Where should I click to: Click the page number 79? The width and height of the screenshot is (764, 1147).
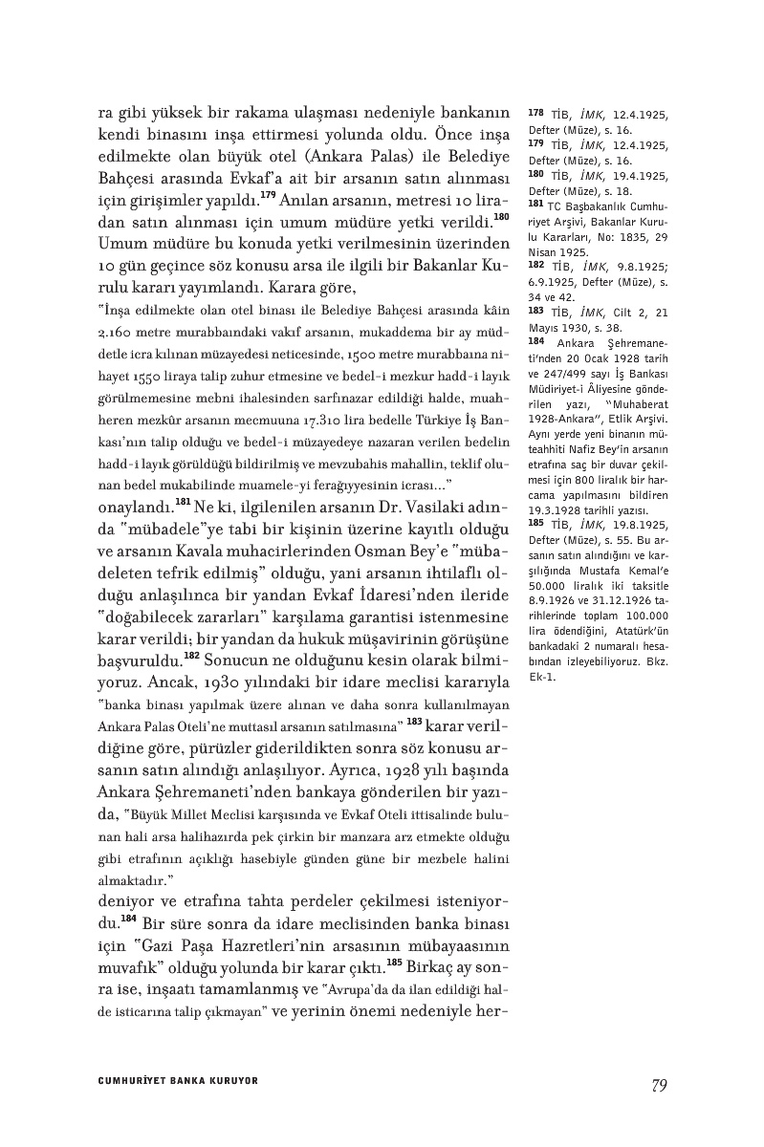(658, 1085)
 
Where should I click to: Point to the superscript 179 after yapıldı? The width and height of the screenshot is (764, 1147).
(268, 198)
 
